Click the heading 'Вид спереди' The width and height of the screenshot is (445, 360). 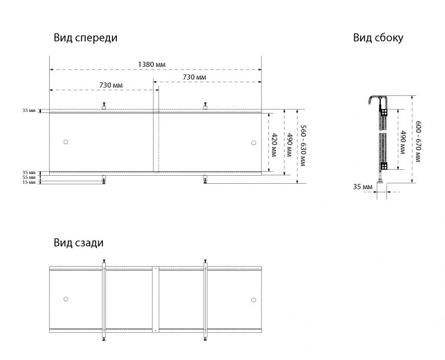coord(85,38)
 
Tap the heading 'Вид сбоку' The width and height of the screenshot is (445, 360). coord(378,38)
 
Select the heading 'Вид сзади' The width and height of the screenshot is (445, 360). coord(79,243)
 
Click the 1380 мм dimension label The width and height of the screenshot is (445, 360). coord(152,64)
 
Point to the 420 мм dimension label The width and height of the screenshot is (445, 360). coord(274,145)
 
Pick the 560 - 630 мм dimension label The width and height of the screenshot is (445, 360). coord(303,146)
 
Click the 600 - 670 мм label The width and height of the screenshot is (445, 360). coord(418,142)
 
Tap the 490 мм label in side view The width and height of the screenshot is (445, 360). coord(402,143)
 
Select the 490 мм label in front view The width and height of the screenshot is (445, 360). coord(289,145)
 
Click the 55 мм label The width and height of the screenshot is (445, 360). coord(29,177)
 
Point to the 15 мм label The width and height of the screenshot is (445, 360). coord(29,182)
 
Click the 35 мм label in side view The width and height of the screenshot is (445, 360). coord(363,187)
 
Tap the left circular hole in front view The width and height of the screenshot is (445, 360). coord(66,142)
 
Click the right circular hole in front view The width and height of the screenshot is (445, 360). coord(254,143)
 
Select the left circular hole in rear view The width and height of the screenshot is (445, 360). coord(66,299)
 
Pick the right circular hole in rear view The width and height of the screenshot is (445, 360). coord(254,300)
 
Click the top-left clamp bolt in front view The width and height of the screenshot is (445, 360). coord(104,106)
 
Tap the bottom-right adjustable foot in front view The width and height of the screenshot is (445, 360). coord(205,180)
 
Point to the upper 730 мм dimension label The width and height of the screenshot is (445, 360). coord(194,77)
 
